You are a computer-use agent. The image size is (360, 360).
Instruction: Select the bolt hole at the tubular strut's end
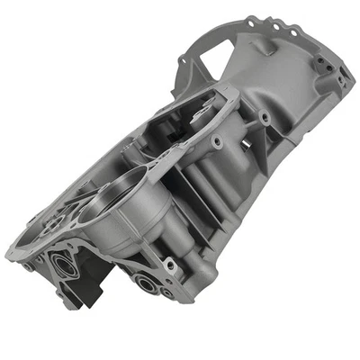[x=217, y=141]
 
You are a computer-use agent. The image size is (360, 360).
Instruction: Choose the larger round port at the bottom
[x=145, y=283]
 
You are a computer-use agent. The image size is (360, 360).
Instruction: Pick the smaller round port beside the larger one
[x=166, y=290]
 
